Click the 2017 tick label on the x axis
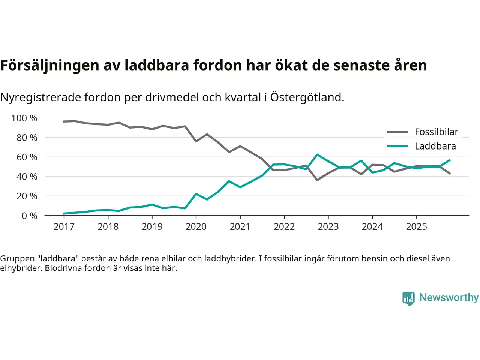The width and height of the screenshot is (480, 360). pos(64,226)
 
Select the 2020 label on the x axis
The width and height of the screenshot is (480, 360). pos(196,226)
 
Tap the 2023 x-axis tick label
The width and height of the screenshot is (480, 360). pos(328,226)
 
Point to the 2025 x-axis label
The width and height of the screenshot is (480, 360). pos(416,226)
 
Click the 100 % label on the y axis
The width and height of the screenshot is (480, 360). pos(24,118)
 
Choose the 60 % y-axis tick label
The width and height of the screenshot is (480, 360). pos(27,157)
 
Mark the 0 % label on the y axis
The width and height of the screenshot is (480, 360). pos(29,216)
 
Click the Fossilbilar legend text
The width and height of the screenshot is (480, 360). pos(436,132)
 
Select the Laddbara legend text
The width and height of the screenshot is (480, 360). pos(435,146)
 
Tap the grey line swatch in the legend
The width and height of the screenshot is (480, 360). pos(397,132)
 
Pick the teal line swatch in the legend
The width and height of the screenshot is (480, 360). pos(397,146)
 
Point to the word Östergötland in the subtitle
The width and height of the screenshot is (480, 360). pos(307,97)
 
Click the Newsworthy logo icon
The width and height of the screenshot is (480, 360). pos(408,298)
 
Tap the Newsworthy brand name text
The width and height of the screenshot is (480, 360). pos(448,297)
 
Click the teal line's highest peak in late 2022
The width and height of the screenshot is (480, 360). pos(317,154)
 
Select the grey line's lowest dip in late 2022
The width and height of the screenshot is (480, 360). pos(317,180)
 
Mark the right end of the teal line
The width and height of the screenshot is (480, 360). pos(450,160)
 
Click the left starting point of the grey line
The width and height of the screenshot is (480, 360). pos(64,121)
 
